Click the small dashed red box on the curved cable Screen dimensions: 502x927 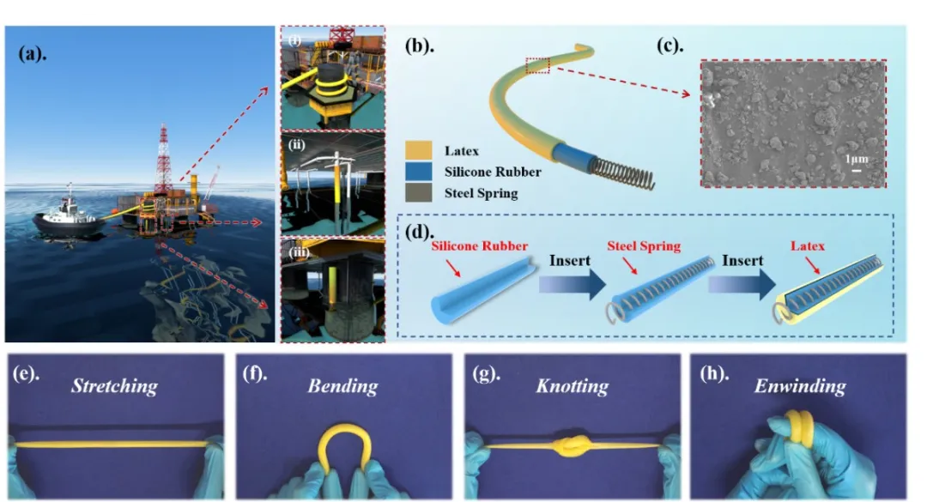[536, 65]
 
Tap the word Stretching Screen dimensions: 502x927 [115, 385]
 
